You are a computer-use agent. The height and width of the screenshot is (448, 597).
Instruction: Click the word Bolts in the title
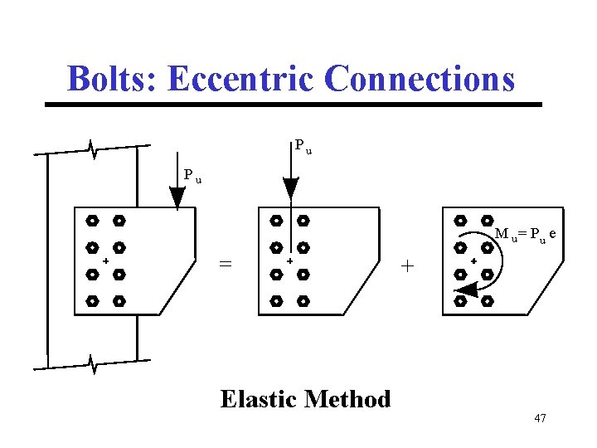[x=112, y=79]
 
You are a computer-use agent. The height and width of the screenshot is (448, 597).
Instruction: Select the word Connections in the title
[x=420, y=79]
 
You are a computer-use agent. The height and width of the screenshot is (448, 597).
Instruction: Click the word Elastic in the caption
[x=259, y=399]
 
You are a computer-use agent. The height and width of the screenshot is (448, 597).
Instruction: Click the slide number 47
[x=540, y=418]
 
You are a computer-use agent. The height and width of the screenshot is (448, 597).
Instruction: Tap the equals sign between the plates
[x=225, y=264]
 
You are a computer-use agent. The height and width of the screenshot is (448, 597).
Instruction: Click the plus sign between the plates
[x=406, y=265]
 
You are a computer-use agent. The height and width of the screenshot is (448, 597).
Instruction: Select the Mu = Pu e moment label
[x=524, y=235]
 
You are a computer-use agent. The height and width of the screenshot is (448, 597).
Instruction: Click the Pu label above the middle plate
[x=303, y=147]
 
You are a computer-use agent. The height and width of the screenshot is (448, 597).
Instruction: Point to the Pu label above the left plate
[x=192, y=176]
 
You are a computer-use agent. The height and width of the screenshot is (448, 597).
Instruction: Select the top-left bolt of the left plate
[x=93, y=222]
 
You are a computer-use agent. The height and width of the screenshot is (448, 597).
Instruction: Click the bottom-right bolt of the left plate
[x=119, y=300]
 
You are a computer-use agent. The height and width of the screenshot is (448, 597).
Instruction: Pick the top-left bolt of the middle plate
[x=276, y=222]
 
